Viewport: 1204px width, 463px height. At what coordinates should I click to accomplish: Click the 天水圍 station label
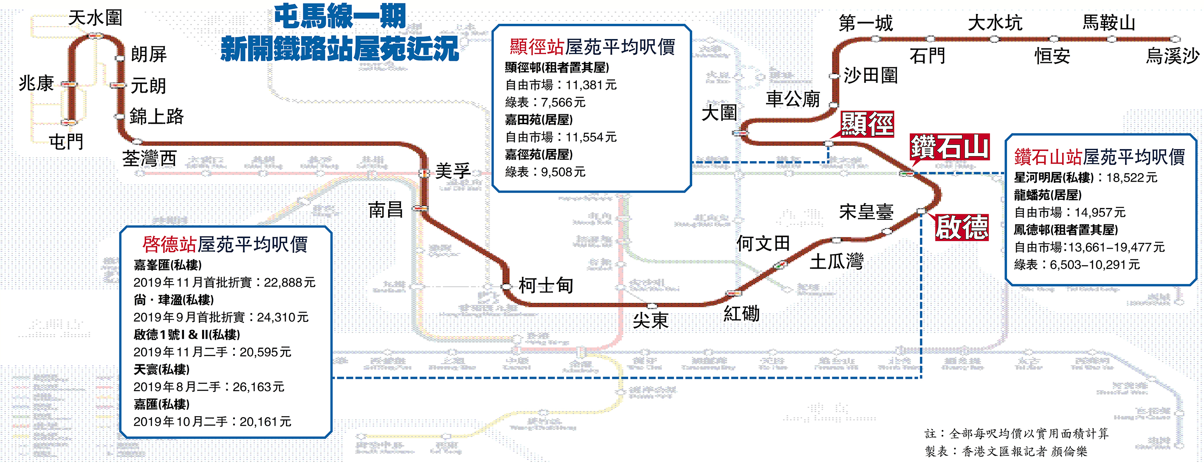96,18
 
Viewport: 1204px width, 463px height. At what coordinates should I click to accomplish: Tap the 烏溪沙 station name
1172,56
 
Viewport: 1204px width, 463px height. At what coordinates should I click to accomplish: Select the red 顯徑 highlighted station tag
867,125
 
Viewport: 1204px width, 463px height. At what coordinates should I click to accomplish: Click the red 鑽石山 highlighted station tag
949,147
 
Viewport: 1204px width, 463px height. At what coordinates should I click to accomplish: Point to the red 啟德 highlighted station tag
962,228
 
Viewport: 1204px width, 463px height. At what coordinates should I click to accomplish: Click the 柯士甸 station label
546,285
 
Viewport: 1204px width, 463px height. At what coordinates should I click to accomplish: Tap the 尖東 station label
651,321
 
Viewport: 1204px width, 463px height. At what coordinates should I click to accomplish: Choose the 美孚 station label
452,171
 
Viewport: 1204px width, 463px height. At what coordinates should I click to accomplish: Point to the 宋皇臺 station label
866,212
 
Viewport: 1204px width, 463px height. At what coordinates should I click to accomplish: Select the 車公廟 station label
793,99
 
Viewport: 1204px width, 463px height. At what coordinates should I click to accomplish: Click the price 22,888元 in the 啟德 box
289,282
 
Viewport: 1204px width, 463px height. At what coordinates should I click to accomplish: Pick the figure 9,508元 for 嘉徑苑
563,172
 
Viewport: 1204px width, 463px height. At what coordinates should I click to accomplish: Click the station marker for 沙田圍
834,76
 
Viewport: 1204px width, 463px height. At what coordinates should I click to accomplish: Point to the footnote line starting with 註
1016,434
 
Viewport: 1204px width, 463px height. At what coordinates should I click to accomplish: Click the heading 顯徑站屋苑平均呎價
592,47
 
